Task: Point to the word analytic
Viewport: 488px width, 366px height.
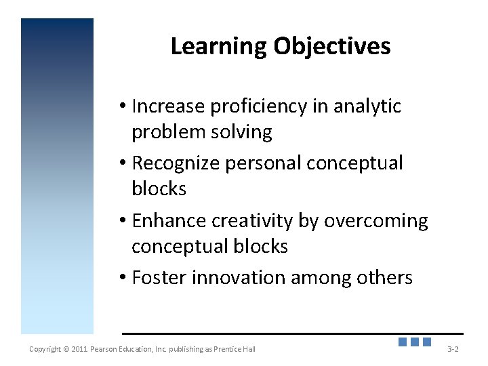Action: click(367, 106)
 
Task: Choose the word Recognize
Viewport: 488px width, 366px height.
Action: click(174, 163)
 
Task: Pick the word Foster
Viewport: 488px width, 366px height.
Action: click(160, 278)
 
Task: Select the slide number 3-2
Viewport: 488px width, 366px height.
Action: click(453, 349)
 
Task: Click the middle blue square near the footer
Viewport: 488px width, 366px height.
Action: click(415, 342)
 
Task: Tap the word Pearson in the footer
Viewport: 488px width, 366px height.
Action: click(106, 349)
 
